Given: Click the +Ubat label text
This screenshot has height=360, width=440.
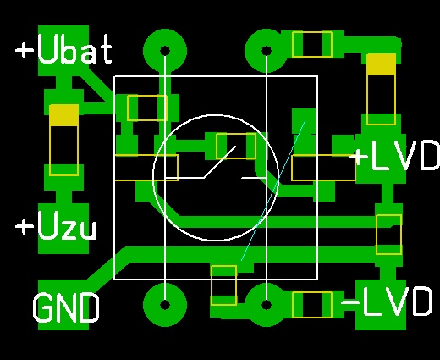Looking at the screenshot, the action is [x=63, y=49].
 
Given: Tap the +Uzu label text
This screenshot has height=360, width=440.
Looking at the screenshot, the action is [x=56, y=226].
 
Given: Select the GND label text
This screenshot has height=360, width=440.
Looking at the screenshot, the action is [x=66, y=307].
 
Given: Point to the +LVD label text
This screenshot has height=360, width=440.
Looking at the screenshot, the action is [x=395, y=155].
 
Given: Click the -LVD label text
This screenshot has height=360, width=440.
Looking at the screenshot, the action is [x=387, y=302].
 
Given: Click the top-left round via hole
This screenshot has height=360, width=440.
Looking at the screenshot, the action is [x=165, y=51].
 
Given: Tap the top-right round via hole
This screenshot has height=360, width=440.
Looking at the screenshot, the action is [x=267, y=51].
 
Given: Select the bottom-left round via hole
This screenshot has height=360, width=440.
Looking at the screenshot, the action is [x=165, y=305].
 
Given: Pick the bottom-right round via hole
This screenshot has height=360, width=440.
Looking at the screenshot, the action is [x=267, y=305].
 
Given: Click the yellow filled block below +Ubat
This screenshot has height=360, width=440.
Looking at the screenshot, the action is [x=63, y=115].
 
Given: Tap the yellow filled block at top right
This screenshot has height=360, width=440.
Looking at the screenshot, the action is [x=381, y=64].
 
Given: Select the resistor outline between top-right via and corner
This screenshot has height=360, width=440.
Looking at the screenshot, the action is [x=312, y=45].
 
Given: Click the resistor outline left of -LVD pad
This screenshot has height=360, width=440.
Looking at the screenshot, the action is [x=312, y=305].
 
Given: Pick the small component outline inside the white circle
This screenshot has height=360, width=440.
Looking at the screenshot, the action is [x=236, y=146].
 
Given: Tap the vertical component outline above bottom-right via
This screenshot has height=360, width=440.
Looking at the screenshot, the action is [x=224, y=285].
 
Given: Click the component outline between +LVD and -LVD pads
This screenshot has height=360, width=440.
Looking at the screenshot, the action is [x=388, y=235].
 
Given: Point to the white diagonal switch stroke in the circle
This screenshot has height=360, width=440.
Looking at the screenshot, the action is [x=220, y=162].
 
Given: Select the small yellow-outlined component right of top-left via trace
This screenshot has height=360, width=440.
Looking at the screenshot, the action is [x=147, y=108].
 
